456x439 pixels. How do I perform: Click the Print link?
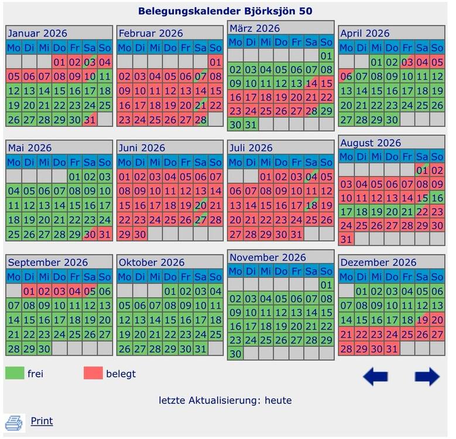pos(42,421)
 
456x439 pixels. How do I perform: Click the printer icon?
pos(14,422)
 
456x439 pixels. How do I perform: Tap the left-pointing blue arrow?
pos(375,376)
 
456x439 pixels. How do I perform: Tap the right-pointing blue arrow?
pos(427,376)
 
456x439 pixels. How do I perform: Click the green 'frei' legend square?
pos(15,373)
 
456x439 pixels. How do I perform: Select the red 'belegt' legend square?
pos(93,373)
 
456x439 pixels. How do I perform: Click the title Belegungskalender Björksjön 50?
pos(225,11)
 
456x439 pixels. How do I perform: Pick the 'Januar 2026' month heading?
pos(38,33)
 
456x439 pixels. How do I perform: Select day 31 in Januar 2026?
pos(90,119)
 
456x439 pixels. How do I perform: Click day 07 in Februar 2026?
pos(200,76)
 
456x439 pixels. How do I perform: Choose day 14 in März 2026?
pos(311,83)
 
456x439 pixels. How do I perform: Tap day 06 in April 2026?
pos(346,76)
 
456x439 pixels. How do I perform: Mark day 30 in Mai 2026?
pos(90,234)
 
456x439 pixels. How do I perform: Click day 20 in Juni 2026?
pos(200,205)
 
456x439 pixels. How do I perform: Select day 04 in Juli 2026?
pos(311,177)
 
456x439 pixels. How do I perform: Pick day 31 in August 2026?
pos(346,239)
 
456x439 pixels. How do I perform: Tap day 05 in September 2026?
pos(90,291)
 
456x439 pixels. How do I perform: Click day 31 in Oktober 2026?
pos(200,348)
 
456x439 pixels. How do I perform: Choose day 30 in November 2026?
pos(235,354)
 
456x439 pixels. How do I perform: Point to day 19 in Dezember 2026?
pos(422,320)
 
